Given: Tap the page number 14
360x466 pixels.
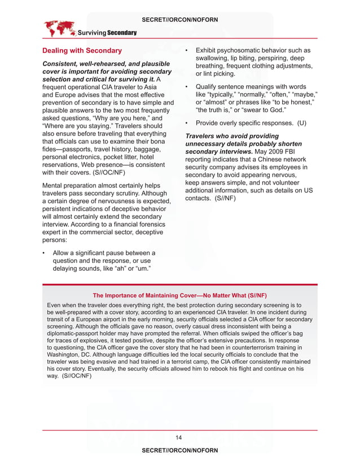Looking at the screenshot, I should pyautogui.click(x=179, y=437).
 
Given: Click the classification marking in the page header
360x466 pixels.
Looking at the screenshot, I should pyautogui.click(x=180, y=20).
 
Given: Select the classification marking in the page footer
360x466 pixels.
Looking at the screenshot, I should pyautogui.click(x=180, y=451).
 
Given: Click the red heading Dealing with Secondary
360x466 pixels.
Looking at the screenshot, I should pyautogui.click(x=82, y=51).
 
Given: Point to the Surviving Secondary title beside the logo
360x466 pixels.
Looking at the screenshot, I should pyautogui.click(x=107, y=33).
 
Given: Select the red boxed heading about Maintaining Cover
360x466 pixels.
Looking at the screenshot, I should pyautogui.click(x=179, y=296).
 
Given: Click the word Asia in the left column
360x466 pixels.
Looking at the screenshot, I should pyautogui.click(x=150, y=87).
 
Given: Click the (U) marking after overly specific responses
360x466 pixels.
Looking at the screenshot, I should pyautogui.click(x=302, y=123).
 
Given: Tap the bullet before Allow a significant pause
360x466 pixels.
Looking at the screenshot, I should pyautogui.click(x=45, y=253).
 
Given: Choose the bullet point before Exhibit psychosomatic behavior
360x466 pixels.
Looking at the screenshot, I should pyautogui.click(x=187, y=51).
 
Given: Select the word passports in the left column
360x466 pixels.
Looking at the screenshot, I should pyautogui.click(x=77, y=148).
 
